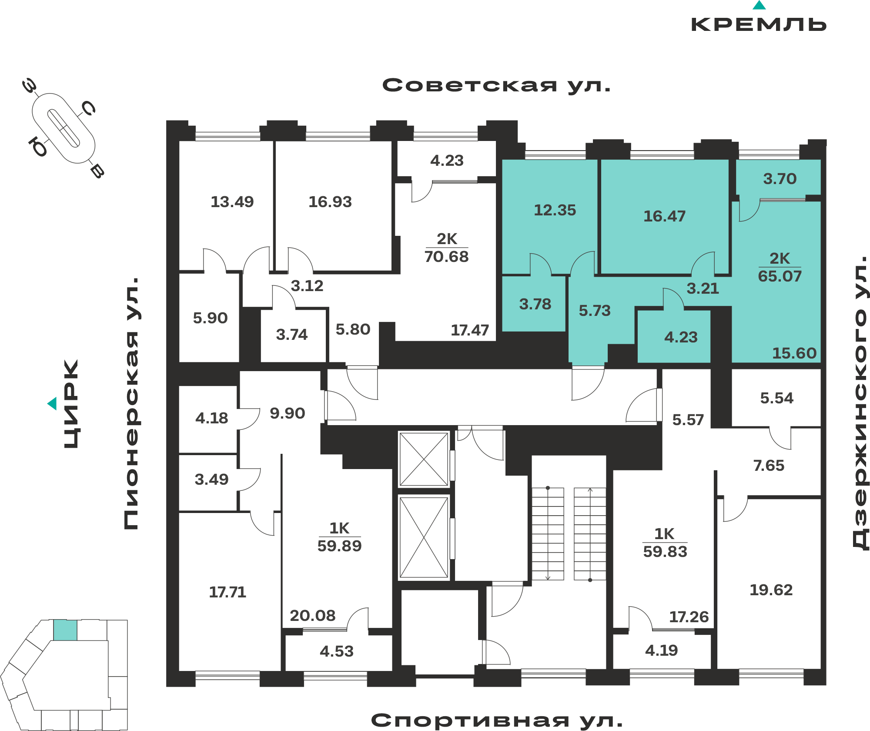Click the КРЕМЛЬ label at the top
click(x=759, y=24)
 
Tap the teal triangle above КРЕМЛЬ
click(x=759, y=5)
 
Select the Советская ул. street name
click(x=496, y=85)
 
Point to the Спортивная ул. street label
click(x=496, y=721)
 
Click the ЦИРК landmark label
click(x=71, y=403)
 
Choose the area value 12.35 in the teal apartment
click(x=555, y=210)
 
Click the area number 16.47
click(x=664, y=216)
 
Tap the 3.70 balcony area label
click(x=780, y=179)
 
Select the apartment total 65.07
click(x=780, y=276)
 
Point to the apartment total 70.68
click(x=446, y=257)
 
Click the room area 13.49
click(x=232, y=202)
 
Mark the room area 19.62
click(x=771, y=590)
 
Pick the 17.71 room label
click(x=228, y=592)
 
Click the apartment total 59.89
click(x=339, y=546)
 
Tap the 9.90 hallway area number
click(x=287, y=413)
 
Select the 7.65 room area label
click(x=769, y=466)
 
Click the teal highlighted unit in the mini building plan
click(x=65, y=630)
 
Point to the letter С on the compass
click(x=89, y=108)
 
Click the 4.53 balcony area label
click(x=336, y=651)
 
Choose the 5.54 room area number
click(x=776, y=398)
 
